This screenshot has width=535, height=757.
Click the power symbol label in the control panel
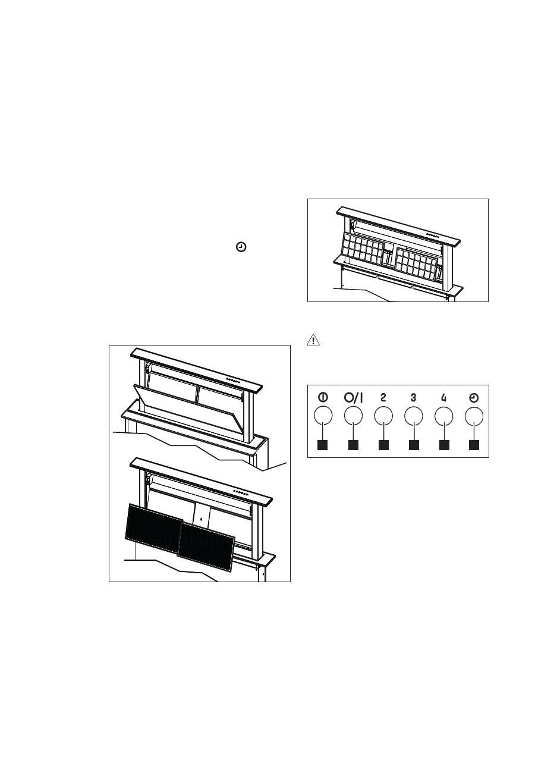[323, 398]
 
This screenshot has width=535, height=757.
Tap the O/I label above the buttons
[353, 398]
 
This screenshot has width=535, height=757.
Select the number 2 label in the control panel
[383, 398]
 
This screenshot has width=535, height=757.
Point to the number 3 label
[413, 398]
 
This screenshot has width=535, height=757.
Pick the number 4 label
[443, 398]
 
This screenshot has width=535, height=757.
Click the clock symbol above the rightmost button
[474, 398]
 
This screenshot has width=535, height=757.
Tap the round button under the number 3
[414, 416]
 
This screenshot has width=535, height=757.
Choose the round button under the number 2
[383, 416]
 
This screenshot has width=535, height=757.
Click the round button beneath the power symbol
[323, 416]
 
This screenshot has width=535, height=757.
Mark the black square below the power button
[323, 445]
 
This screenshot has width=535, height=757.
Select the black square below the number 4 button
[444, 445]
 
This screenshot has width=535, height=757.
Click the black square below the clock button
[474, 445]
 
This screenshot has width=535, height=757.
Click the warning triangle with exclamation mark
[313, 341]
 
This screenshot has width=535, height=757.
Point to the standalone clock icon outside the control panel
[241, 247]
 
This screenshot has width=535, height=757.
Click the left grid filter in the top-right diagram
[363, 248]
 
